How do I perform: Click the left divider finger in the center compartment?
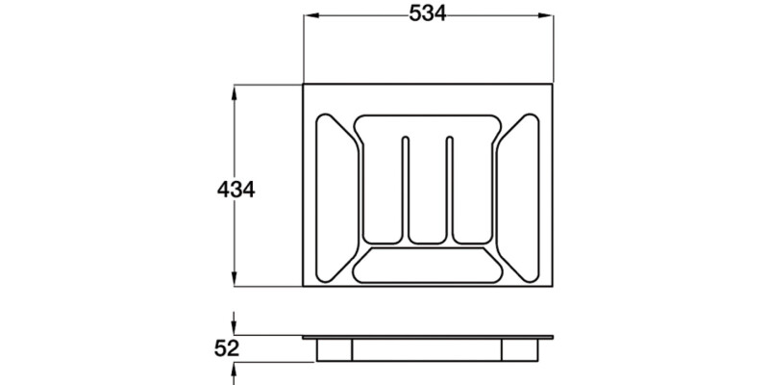(x=405, y=188)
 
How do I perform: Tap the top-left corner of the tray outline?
(x=304, y=85)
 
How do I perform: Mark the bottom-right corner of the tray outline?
(x=554, y=287)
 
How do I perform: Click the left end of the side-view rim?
(x=303, y=338)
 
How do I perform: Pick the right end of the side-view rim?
(x=555, y=338)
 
